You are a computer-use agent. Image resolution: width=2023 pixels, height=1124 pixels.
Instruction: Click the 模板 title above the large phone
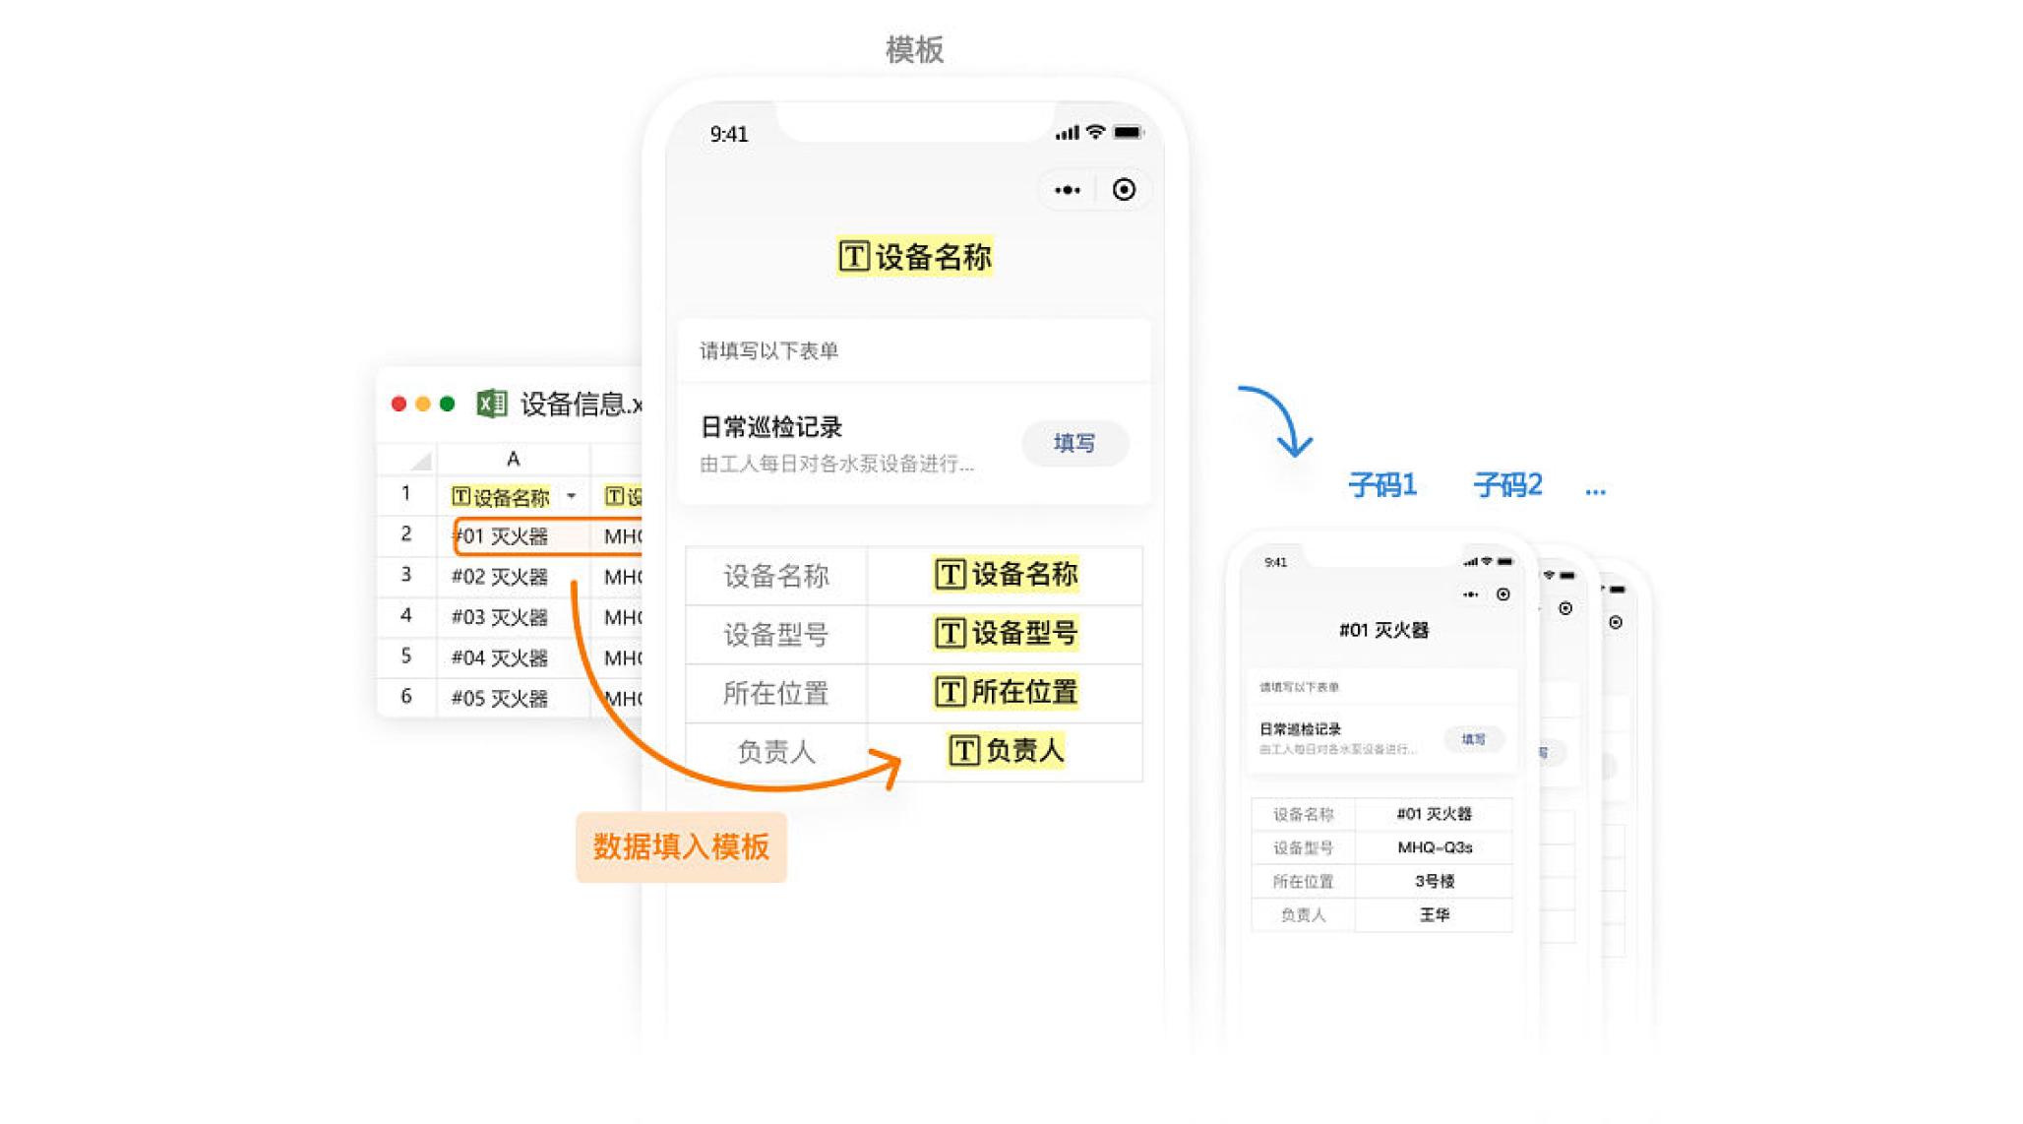click(914, 49)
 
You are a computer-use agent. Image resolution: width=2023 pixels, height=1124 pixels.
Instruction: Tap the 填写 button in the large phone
click(1073, 443)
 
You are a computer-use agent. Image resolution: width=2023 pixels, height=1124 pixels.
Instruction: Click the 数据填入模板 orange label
click(681, 846)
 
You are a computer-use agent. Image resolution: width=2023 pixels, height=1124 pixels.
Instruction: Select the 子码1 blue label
click(1381, 484)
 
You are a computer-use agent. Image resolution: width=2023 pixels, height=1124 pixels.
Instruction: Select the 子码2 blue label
click(1507, 484)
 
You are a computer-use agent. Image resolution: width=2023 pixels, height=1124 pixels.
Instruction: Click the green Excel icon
click(491, 404)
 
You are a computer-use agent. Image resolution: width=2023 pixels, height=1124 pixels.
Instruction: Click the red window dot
click(398, 404)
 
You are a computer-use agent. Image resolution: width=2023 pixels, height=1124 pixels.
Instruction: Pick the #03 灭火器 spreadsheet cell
click(499, 617)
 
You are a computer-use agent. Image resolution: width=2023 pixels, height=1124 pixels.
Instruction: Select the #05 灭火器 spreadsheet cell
click(499, 698)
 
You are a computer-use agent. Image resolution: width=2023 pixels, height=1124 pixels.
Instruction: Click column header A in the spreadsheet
click(513, 459)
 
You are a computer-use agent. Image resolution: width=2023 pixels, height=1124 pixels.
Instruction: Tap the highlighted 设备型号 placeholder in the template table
click(1006, 633)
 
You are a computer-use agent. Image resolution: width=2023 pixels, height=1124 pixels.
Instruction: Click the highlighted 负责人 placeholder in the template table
click(1006, 751)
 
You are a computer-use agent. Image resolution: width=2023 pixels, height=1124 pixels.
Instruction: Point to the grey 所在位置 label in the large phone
click(775, 693)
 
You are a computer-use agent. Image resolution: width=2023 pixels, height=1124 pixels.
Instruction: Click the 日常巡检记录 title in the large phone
click(771, 427)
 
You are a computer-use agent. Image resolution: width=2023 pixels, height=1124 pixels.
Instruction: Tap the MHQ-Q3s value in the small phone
click(1435, 847)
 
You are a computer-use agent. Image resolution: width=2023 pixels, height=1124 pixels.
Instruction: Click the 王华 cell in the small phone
click(1435, 914)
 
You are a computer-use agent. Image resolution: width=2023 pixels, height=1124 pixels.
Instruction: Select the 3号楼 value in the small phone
click(1435, 881)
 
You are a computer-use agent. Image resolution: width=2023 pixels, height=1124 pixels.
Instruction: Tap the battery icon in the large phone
click(1128, 133)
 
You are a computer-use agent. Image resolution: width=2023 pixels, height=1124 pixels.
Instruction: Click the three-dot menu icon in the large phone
click(1068, 190)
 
